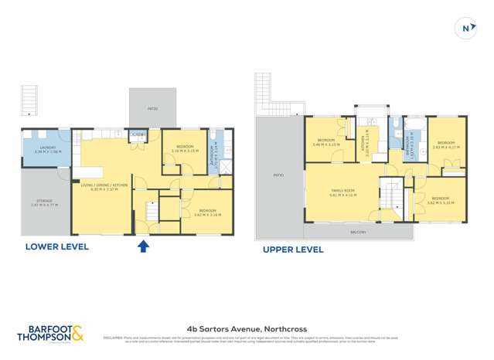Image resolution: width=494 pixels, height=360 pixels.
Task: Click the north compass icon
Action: pyautogui.click(x=466, y=29)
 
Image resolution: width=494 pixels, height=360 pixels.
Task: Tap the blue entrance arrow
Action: pyautogui.click(x=142, y=246)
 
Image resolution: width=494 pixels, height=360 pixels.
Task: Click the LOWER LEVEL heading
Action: pyautogui.click(x=57, y=247)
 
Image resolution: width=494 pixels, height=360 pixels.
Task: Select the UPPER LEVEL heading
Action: pyautogui.click(x=293, y=250)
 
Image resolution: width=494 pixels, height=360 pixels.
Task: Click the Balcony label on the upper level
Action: pyautogui.click(x=357, y=231)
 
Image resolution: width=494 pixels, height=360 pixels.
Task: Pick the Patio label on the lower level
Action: pyautogui.click(x=153, y=109)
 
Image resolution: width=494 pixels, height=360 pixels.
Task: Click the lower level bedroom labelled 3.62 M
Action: pyautogui.click(x=206, y=212)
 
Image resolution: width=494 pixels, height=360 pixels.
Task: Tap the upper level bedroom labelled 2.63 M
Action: pyautogui.click(x=447, y=144)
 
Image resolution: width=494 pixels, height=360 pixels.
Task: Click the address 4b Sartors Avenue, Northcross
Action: pyautogui.click(x=247, y=328)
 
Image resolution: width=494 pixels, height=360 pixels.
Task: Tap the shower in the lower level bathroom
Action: pyautogui.click(x=225, y=165)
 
